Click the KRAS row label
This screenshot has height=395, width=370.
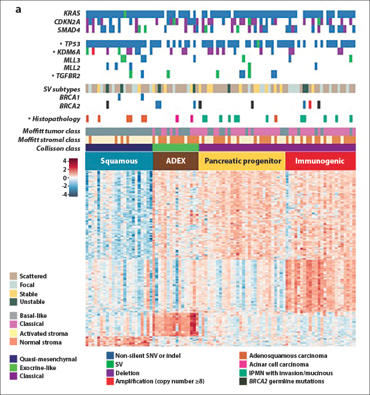71,13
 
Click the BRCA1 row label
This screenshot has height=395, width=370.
69,96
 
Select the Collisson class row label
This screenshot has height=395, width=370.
57,148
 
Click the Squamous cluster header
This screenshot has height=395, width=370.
119,161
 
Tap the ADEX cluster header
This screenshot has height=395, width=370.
175,161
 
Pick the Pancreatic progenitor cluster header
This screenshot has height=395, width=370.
242,161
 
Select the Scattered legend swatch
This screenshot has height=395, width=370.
14,276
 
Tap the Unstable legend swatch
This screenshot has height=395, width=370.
14,302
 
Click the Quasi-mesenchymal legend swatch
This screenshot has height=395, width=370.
14,359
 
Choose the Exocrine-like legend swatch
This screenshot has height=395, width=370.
14,368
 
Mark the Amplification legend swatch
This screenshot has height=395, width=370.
110,381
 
